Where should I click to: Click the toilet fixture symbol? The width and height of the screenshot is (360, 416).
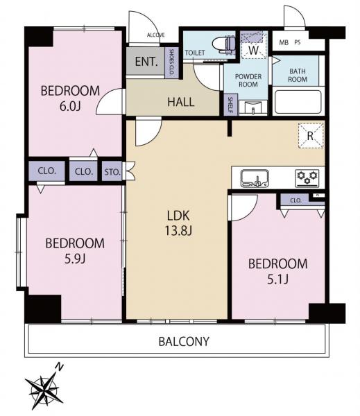click(x=224, y=43)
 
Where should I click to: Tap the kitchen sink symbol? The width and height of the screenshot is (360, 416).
click(x=255, y=178)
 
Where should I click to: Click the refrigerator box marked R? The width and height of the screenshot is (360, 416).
click(x=311, y=136)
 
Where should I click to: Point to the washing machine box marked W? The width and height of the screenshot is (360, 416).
click(x=254, y=45)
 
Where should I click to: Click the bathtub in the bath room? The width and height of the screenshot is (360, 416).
click(x=298, y=102)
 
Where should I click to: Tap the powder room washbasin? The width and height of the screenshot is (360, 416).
click(x=252, y=107)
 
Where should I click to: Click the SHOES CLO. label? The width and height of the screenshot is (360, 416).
click(x=171, y=62)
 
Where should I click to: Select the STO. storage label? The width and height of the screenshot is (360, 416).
click(x=112, y=172)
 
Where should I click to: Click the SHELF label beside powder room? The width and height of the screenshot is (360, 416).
click(x=230, y=105)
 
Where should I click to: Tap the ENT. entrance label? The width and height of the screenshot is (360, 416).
click(x=146, y=62)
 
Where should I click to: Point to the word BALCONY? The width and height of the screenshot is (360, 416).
click(x=184, y=341)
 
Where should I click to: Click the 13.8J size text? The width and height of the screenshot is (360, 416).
click(x=178, y=231)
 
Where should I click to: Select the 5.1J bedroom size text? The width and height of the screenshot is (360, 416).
click(x=277, y=279)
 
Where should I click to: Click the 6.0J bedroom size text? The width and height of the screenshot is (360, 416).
click(x=70, y=106)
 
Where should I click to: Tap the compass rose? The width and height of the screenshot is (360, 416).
click(x=44, y=390)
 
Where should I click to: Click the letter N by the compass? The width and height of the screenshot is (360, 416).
click(x=59, y=367)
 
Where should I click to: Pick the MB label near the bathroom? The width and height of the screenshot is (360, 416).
click(x=284, y=42)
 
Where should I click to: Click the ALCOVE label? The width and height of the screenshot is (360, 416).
click(x=156, y=35)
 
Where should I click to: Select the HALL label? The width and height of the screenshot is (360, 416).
click(x=181, y=102)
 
